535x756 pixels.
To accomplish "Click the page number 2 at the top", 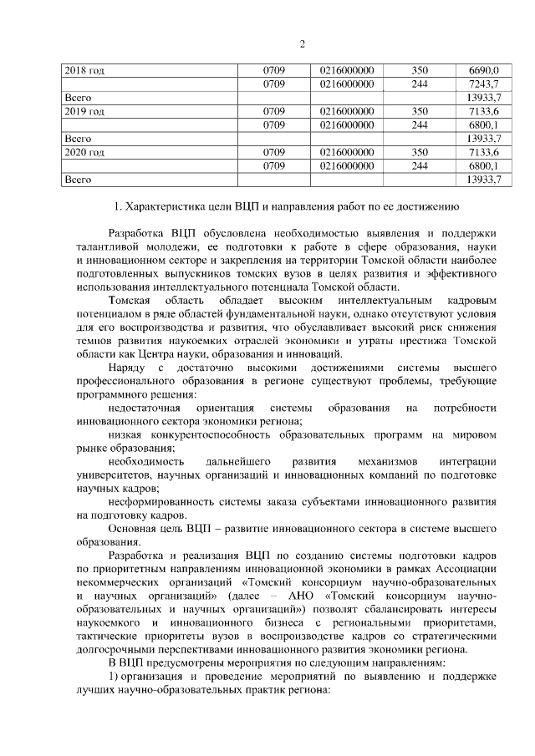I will pyautogui.click(x=303, y=44).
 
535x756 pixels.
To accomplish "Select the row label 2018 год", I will pyautogui.click(x=84, y=70).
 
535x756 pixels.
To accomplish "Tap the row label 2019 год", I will pyautogui.click(x=84, y=111).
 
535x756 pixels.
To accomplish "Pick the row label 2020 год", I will pyautogui.click(x=84, y=152).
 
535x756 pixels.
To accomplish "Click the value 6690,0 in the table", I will pyautogui.click(x=484, y=70).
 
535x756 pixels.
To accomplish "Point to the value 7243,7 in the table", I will pyautogui.click(x=484, y=84).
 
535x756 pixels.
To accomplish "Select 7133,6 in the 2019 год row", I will pyautogui.click(x=484, y=111).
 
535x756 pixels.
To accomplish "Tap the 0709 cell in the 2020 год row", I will pyautogui.click(x=274, y=152).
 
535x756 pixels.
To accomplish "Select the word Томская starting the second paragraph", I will pyautogui.click(x=130, y=299).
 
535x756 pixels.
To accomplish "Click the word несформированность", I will pyautogui.click(x=160, y=502).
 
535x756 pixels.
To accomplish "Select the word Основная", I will pyautogui.click(x=134, y=529).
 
